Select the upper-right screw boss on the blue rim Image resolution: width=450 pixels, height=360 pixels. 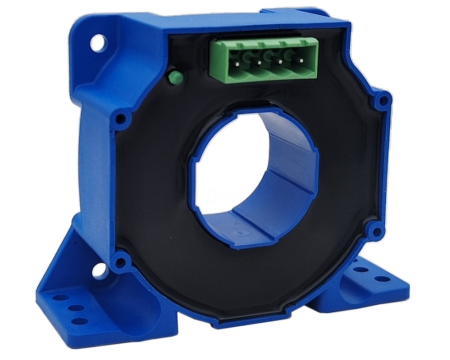(x=383, y=100)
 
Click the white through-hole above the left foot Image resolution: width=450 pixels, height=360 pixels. (x=97, y=270)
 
